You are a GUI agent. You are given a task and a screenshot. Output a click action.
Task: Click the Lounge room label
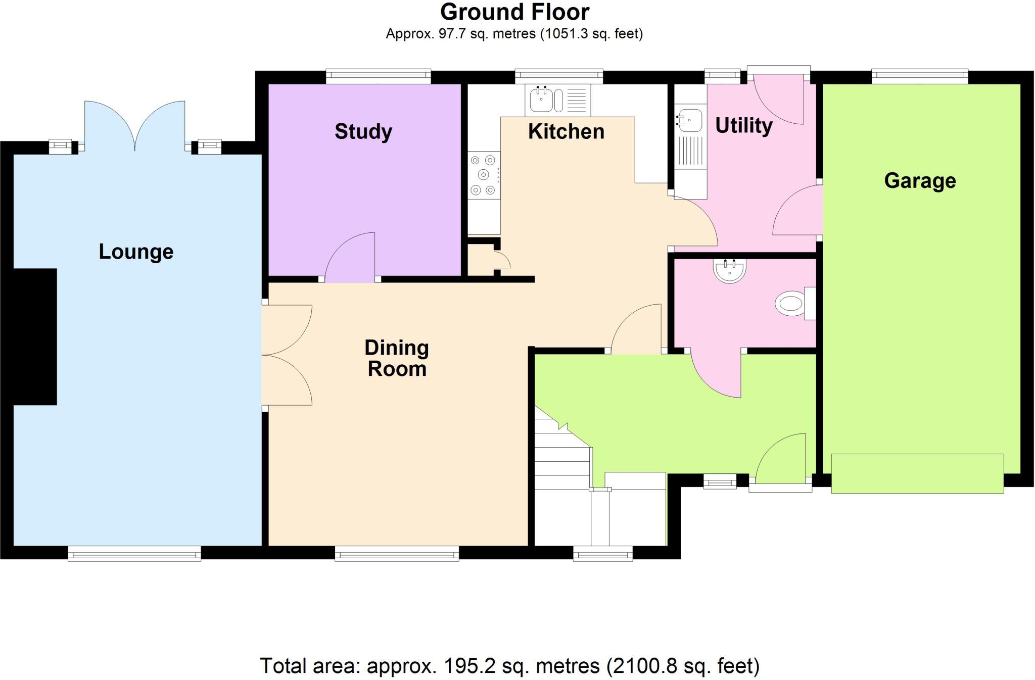(136, 252)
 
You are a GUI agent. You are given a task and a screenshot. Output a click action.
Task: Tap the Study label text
(363, 131)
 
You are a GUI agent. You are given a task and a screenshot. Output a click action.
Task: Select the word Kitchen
(566, 131)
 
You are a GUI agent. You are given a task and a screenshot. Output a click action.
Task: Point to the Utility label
(743, 125)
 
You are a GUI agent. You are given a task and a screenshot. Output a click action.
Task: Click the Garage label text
(920, 180)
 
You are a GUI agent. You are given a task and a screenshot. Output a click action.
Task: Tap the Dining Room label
(397, 358)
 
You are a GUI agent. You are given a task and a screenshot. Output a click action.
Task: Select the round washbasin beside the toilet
(730, 271)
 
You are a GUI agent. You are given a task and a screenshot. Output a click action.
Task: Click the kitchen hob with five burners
(483, 175)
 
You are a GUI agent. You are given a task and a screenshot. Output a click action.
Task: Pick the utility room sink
(689, 120)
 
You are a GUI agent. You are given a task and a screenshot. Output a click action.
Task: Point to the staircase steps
(562, 467)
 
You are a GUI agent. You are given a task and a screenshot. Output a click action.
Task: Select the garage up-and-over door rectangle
(917, 473)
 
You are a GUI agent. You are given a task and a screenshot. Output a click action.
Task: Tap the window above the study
(378, 76)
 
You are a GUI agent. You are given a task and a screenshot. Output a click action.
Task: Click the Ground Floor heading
(514, 12)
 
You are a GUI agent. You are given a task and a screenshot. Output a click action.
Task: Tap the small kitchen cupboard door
(503, 260)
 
